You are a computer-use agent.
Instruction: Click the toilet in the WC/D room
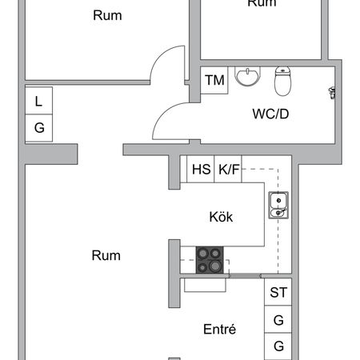pos(282,81)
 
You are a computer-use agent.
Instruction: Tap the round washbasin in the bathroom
pos(247,76)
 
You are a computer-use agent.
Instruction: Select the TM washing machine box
pos(214,80)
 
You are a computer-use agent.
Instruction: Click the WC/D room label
pos(270,114)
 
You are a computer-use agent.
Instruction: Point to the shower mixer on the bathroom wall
pos(332,93)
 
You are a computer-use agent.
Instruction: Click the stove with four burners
pos(210,260)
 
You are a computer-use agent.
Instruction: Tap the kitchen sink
pos(278,205)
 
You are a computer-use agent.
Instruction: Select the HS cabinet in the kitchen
pos(201,169)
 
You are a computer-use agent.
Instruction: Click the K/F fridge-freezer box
pos(228,169)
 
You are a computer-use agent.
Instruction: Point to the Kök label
pos(221,217)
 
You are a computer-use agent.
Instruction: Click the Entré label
pos(219,329)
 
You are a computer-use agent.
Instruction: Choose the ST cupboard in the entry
pos(278,292)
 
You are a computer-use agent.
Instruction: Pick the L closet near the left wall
pos(39,101)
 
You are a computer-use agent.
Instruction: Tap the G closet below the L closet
pos(39,128)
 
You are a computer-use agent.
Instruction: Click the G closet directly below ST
pos(278,319)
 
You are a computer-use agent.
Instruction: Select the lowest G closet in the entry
pos(278,346)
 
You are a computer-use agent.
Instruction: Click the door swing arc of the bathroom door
pos(162,113)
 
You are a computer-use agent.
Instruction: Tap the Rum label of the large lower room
pos(106,255)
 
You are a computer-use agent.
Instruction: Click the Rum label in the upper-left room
pos(107,15)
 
